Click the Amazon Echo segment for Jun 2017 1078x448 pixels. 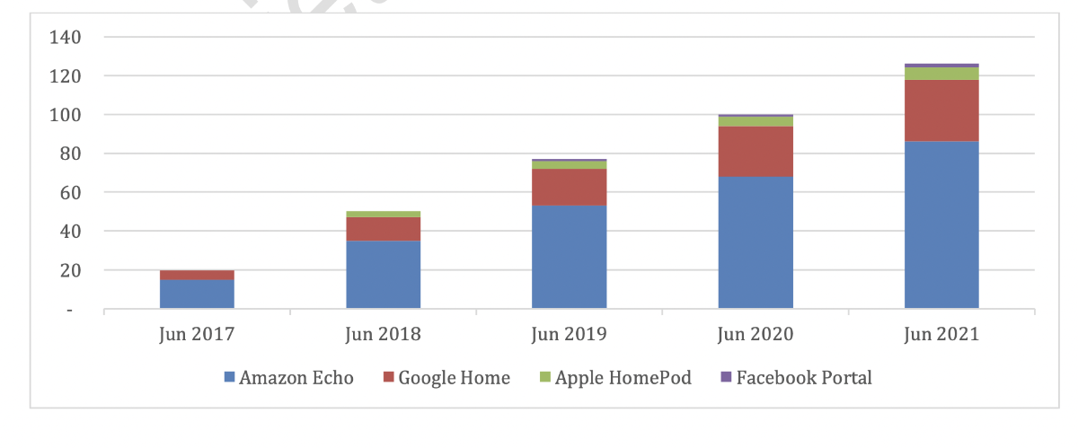[x=197, y=294]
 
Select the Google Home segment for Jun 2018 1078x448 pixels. [x=383, y=229]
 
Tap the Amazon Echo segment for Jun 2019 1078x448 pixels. [x=569, y=257]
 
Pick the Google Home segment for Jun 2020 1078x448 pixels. [x=755, y=152]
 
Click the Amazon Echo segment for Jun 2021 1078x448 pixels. [x=941, y=224]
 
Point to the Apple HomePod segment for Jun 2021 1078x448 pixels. [x=941, y=74]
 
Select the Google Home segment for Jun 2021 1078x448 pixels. [x=941, y=110]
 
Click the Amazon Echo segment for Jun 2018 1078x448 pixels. [x=383, y=274]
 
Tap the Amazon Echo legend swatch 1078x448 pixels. [x=229, y=378]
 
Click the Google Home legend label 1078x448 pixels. [x=454, y=378]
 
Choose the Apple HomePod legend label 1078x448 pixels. [x=623, y=378]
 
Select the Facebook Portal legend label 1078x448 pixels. [x=804, y=378]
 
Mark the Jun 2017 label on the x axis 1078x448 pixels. [x=197, y=335]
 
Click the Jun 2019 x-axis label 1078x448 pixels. [x=569, y=335]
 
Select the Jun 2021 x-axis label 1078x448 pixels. [x=941, y=335]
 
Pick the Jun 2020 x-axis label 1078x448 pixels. [x=755, y=335]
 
